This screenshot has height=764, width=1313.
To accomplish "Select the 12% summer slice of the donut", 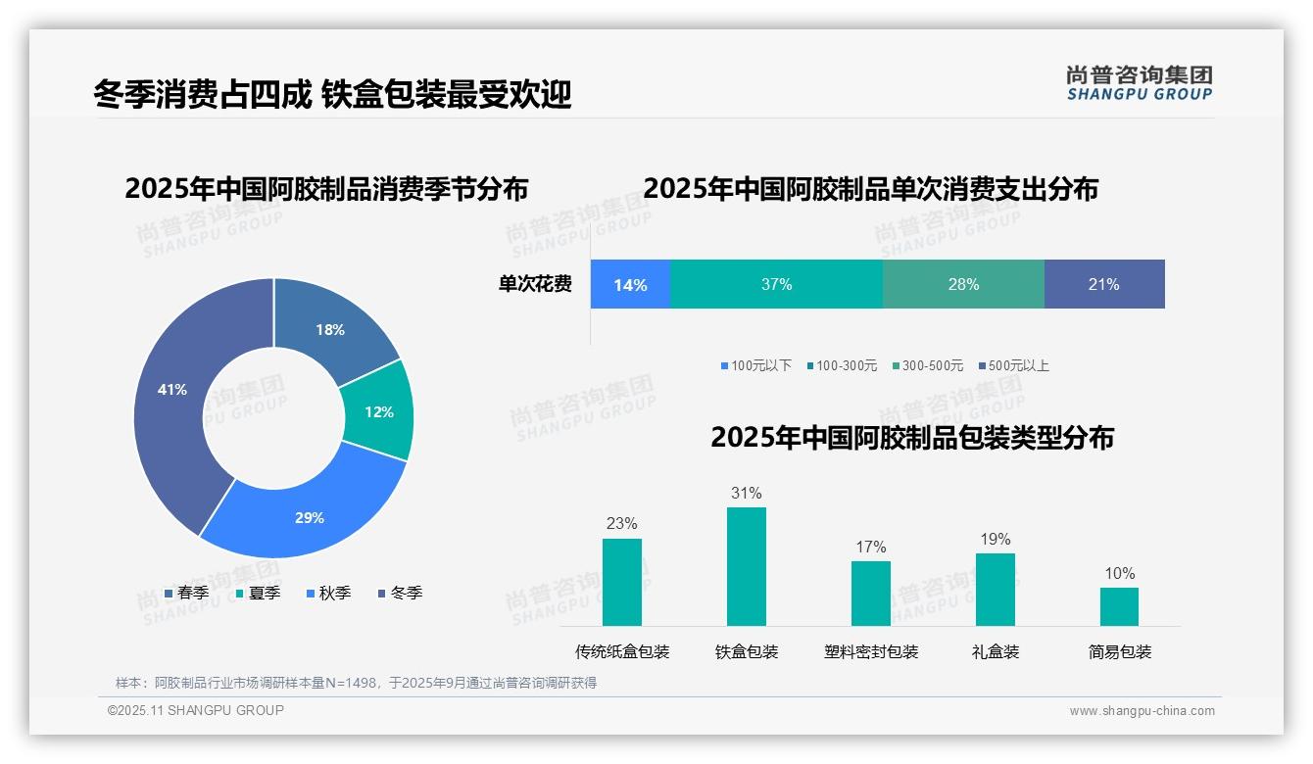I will [x=378, y=411].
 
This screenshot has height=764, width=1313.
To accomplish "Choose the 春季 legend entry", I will [x=186, y=593].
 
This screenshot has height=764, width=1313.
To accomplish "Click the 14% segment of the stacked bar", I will [x=630, y=284].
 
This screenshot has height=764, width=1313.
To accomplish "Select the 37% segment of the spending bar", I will [x=776, y=284].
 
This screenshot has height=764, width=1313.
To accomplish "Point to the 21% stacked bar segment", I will [x=1103, y=284].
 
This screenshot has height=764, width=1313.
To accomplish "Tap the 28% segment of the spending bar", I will [x=963, y=284].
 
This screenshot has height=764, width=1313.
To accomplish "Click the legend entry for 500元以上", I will [x=1013, y=365].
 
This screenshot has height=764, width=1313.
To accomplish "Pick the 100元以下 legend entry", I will [x=755, y=365].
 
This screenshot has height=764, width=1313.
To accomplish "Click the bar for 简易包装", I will [x=1119, y=606].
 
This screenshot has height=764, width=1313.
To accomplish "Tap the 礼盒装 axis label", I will [x=996, y=651].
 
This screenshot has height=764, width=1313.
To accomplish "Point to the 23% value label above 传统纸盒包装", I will [x=621, y=523].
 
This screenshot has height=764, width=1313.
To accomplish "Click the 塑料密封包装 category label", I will [x=871, y=651].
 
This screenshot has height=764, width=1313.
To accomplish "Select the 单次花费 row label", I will [x=535, y=284].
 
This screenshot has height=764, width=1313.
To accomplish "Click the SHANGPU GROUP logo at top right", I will [x=1139, y=83].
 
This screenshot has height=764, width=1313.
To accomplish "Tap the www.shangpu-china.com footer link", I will [x=1142, y=710].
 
